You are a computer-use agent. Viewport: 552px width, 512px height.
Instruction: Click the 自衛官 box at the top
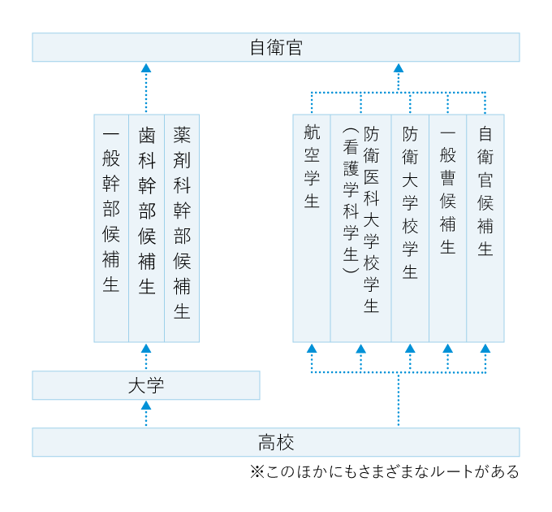point(276,47)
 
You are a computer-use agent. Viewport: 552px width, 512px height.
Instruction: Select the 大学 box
point(146,385)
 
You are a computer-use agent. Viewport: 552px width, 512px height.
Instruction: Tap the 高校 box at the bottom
point(276,442)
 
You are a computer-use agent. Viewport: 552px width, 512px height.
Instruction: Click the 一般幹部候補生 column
point(111,228)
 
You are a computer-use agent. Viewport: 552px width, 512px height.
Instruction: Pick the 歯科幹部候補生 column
point(146,228)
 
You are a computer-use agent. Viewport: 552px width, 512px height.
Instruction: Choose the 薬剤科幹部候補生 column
point(182,228)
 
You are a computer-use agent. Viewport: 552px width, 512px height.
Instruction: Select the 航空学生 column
point(312,228)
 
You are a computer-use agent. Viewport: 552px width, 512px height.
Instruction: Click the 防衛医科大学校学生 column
point(361,228)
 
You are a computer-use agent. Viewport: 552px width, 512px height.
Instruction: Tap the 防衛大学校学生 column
point(410,228)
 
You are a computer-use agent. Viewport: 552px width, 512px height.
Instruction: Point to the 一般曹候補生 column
point(447,228)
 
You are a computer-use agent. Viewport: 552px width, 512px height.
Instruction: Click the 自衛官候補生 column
point(485,228)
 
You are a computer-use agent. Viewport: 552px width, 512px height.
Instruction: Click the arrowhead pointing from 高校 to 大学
point(146,406)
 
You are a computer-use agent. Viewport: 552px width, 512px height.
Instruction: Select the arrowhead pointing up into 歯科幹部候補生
point(146,349)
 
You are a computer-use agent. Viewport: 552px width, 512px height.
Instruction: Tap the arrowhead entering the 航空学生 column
point(312,349)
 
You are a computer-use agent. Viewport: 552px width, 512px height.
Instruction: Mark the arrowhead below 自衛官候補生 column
point(485,349)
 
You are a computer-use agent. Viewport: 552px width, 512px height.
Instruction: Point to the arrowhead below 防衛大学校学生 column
point(410,349)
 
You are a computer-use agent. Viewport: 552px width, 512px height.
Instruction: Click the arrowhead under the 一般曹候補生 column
point(447,349)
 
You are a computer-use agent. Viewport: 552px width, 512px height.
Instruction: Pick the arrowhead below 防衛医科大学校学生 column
point(361,349)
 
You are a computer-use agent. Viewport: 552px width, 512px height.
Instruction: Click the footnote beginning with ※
point(385,471)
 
